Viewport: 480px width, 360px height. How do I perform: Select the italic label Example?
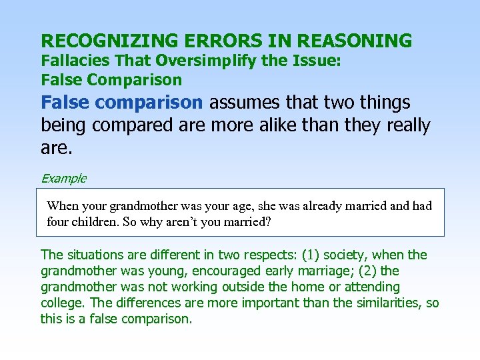(63, 178)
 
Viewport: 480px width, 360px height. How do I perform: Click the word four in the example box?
(58, 222)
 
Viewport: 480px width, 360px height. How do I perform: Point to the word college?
(63, 303)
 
